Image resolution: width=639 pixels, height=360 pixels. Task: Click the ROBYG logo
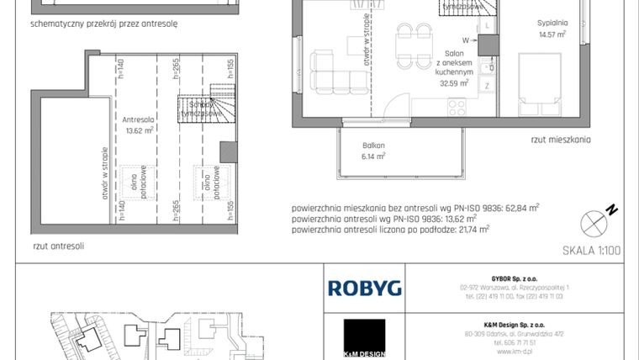click(364, 289)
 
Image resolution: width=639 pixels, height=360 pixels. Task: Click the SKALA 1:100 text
click(591, 251)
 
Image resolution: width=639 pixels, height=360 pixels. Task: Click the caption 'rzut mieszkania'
click(561, 140)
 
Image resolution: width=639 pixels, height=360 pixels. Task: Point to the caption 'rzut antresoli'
click(58, 247)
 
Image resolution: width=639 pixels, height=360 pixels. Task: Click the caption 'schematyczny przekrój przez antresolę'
click(103, 24)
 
